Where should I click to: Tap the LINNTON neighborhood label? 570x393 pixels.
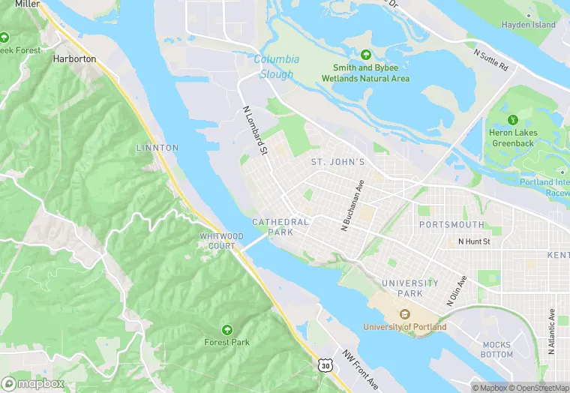click(157, 148)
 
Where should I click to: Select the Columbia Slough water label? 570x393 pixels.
click(276, 66)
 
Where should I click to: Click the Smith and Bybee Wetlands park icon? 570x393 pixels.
click(365, 55)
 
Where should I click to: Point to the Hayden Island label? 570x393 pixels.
click(529, 25)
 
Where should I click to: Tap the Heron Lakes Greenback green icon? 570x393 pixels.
click(513, 119)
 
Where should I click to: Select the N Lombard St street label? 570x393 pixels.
click(255, 130)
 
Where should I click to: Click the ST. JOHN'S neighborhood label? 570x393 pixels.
click(337, 162)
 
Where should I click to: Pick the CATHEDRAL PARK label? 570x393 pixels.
click(280, 226)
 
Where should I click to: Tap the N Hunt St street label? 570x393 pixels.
click(474, 241)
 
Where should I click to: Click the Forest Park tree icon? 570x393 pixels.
click(226, 328)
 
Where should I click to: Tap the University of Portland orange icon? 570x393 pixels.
click(404, 314)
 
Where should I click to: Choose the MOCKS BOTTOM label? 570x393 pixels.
click(496, 349)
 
